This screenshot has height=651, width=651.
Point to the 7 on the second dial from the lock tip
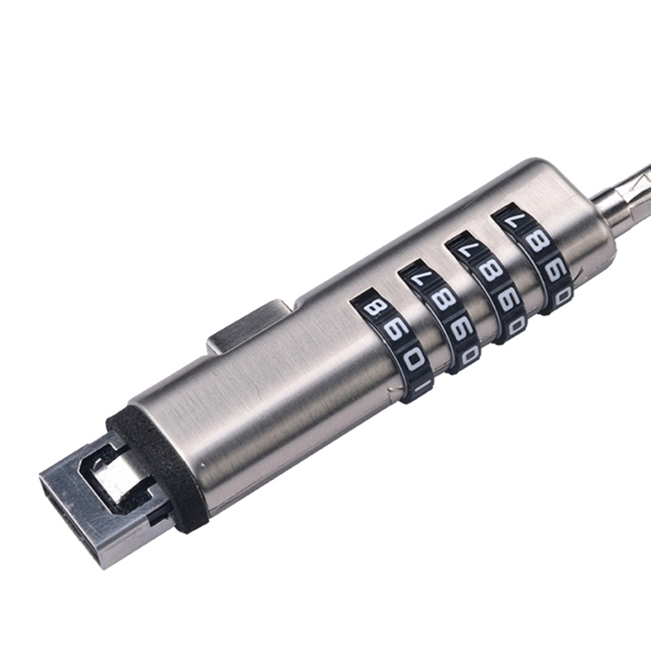click(x=417, y=281)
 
